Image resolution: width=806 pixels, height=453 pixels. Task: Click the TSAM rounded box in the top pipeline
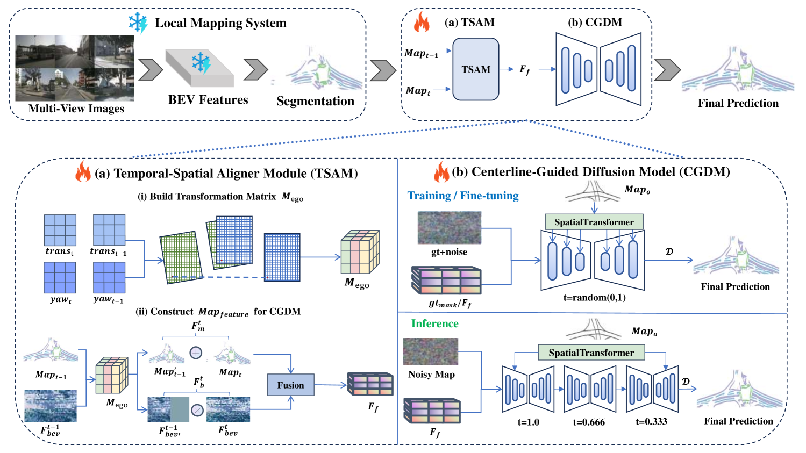[x=475, y=69]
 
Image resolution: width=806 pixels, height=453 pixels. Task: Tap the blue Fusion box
[x=290, y=385]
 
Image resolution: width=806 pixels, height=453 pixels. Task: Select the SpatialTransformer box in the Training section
[x=594, y=222]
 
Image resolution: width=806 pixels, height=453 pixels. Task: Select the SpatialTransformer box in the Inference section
[x=591, y=353]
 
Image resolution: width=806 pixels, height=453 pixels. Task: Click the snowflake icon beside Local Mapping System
[x=138, y=23]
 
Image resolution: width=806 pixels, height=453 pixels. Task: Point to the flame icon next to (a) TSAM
[x=422, y=23]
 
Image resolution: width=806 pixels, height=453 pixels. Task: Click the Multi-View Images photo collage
[x=75, y=68]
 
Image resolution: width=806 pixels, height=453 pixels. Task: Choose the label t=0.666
[x=589, y=422]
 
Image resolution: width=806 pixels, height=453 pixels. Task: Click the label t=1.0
[x=528, y=422]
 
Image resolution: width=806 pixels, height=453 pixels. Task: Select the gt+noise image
[x=449, y=228]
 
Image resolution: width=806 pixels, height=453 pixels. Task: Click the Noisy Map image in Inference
[x=430, y=351]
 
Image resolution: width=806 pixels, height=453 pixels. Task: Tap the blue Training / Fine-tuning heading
[x=463, y=196]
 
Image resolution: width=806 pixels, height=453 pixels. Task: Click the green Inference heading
[x=434, y=323]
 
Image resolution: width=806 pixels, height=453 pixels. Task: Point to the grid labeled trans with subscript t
[x=60, y=230]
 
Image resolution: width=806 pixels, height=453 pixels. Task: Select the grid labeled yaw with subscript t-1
[x=109, y=277]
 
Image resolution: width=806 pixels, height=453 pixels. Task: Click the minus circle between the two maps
[x=196, y=353]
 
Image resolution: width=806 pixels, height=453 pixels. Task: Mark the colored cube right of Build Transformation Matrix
[x=360, y=252]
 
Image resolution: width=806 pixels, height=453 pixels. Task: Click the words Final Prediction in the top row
[x=738, y=103]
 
